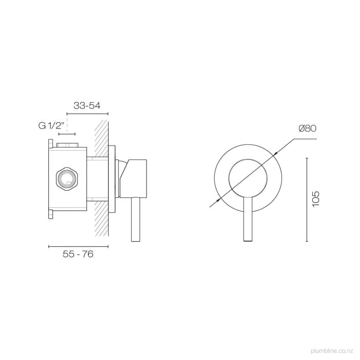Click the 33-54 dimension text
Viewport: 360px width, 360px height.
tap(87, 105)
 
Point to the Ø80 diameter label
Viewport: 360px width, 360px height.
tap(307, 129)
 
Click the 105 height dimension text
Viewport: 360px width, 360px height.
tap(316, 199)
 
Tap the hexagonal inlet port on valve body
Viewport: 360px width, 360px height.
tap(65, 178)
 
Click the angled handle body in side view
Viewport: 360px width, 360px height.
tap(135, 177)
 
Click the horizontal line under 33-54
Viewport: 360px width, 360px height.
tap(87, 113)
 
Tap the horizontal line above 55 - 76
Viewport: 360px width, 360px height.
tap(78, 247)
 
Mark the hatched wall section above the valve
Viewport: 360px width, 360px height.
tap(102, 137)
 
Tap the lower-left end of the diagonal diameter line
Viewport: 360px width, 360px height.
tap(211, 206)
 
